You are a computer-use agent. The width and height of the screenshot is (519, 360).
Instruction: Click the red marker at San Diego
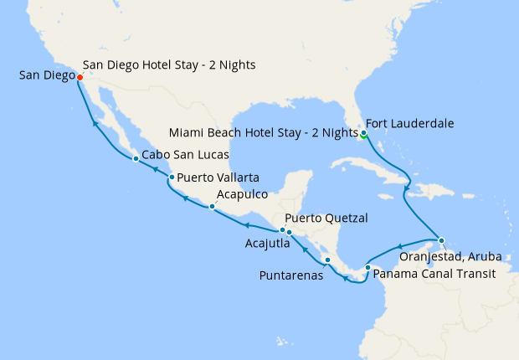click(80, 77)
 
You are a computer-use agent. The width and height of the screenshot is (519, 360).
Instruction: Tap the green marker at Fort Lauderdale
click(364, 132)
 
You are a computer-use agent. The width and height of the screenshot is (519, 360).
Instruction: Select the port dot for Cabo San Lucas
click(136, 158)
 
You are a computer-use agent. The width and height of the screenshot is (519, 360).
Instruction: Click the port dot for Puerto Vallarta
click(171, 177)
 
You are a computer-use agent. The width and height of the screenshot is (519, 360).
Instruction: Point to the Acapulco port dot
click(213, 206)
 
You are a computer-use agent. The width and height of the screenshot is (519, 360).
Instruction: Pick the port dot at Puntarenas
click(327, 260)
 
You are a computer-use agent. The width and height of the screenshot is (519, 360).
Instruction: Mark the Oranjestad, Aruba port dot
click(441, 240)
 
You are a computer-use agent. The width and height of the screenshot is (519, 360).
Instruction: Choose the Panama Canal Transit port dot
click(367, 267)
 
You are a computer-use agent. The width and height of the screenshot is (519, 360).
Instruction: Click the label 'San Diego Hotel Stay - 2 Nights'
click(170, 64)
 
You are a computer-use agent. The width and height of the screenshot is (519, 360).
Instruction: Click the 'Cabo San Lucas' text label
click(185, 155)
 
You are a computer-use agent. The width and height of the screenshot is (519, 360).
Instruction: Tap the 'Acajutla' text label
click(267, 244)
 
